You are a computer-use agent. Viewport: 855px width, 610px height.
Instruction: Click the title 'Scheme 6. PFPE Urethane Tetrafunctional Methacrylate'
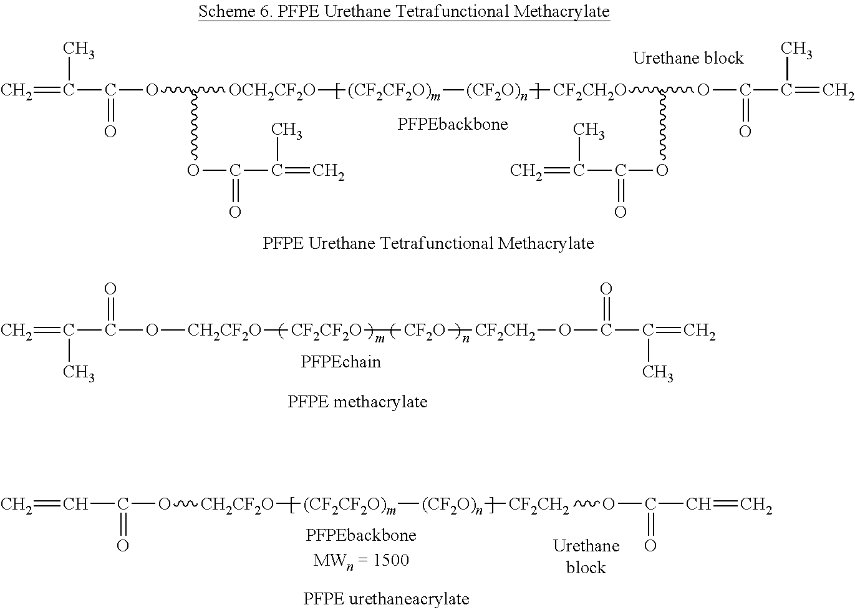tap(403, 11)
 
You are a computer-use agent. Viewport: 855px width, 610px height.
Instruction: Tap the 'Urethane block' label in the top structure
tap(688, 58)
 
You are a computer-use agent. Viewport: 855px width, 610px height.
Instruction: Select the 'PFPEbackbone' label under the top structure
tap(452, 124)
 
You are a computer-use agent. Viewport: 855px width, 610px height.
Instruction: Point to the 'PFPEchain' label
tap(340, 362)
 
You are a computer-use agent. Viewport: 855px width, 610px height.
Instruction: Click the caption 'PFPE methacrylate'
tap(357, 402)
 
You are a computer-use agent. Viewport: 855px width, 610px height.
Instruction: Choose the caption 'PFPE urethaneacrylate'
tap(386, 599)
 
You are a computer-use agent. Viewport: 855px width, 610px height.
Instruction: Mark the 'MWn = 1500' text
tap(361, 560)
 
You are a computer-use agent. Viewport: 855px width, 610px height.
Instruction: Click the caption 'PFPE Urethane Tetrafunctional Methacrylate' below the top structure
tap(428, 243)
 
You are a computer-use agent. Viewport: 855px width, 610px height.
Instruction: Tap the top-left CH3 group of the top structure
tap(79, 51)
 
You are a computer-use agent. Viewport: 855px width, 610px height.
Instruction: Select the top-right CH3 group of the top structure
tap(796, 49)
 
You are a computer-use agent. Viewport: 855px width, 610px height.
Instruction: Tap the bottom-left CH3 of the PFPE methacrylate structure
tap(79, 373)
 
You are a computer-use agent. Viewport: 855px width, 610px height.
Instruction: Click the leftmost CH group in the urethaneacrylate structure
tap(76, 504)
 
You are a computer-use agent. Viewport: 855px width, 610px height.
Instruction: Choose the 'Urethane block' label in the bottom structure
tap(586, 556)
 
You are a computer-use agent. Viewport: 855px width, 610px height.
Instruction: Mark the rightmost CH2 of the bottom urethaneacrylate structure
tap(756, 505)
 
